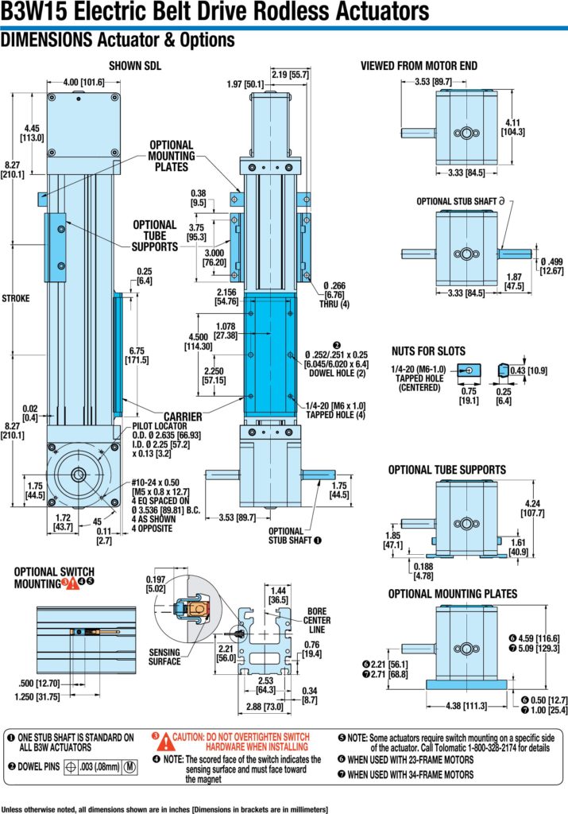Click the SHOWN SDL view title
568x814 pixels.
click(135, 66)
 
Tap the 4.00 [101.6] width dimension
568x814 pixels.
click(83, 82)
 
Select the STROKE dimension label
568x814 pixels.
click(16, 299)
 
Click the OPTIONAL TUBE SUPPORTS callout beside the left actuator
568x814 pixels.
click(155, 235)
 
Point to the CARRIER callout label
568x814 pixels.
click(183, 417)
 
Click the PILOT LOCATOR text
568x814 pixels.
click(159, 426)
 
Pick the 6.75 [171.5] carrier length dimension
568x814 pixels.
click(137, 355)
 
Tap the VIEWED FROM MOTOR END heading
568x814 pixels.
click(419, 66)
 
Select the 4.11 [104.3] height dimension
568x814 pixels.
click(512, 127)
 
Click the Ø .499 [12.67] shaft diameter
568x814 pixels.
click(551, 266)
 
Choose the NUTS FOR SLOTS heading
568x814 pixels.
click(428, 351)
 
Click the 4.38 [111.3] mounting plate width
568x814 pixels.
click(466, 706)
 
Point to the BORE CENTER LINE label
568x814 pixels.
click(316, 620)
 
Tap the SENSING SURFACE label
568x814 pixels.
click(164, 657)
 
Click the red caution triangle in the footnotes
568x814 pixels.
click(164, 742)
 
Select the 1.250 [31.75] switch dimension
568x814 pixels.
click(37, 696)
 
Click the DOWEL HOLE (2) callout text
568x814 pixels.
click(337, 373)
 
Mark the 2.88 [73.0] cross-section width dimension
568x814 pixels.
click(265, 707)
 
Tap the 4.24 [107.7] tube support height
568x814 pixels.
click(532, 508)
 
